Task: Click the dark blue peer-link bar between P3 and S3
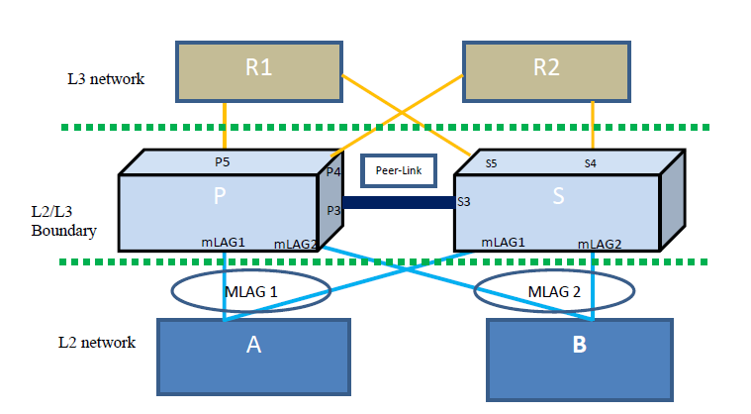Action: point(396,203)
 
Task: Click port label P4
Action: point(332,172)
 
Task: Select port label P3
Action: point(332,210)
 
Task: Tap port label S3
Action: point(463,202)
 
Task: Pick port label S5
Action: point(492,163)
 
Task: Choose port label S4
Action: point(590,163)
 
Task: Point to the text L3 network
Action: point(100,78)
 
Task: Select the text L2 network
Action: point(96,342)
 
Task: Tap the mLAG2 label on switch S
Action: point(600,243)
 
